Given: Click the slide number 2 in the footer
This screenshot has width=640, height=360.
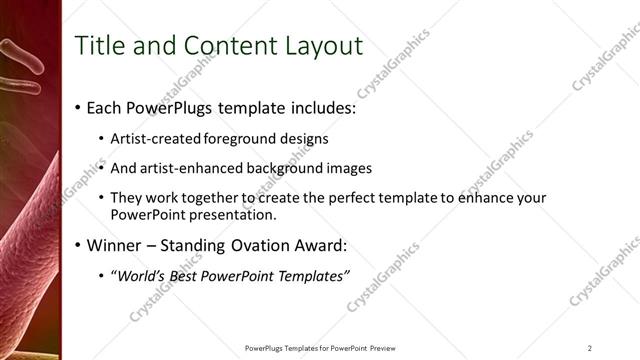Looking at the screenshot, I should click(x=590, y=348).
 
